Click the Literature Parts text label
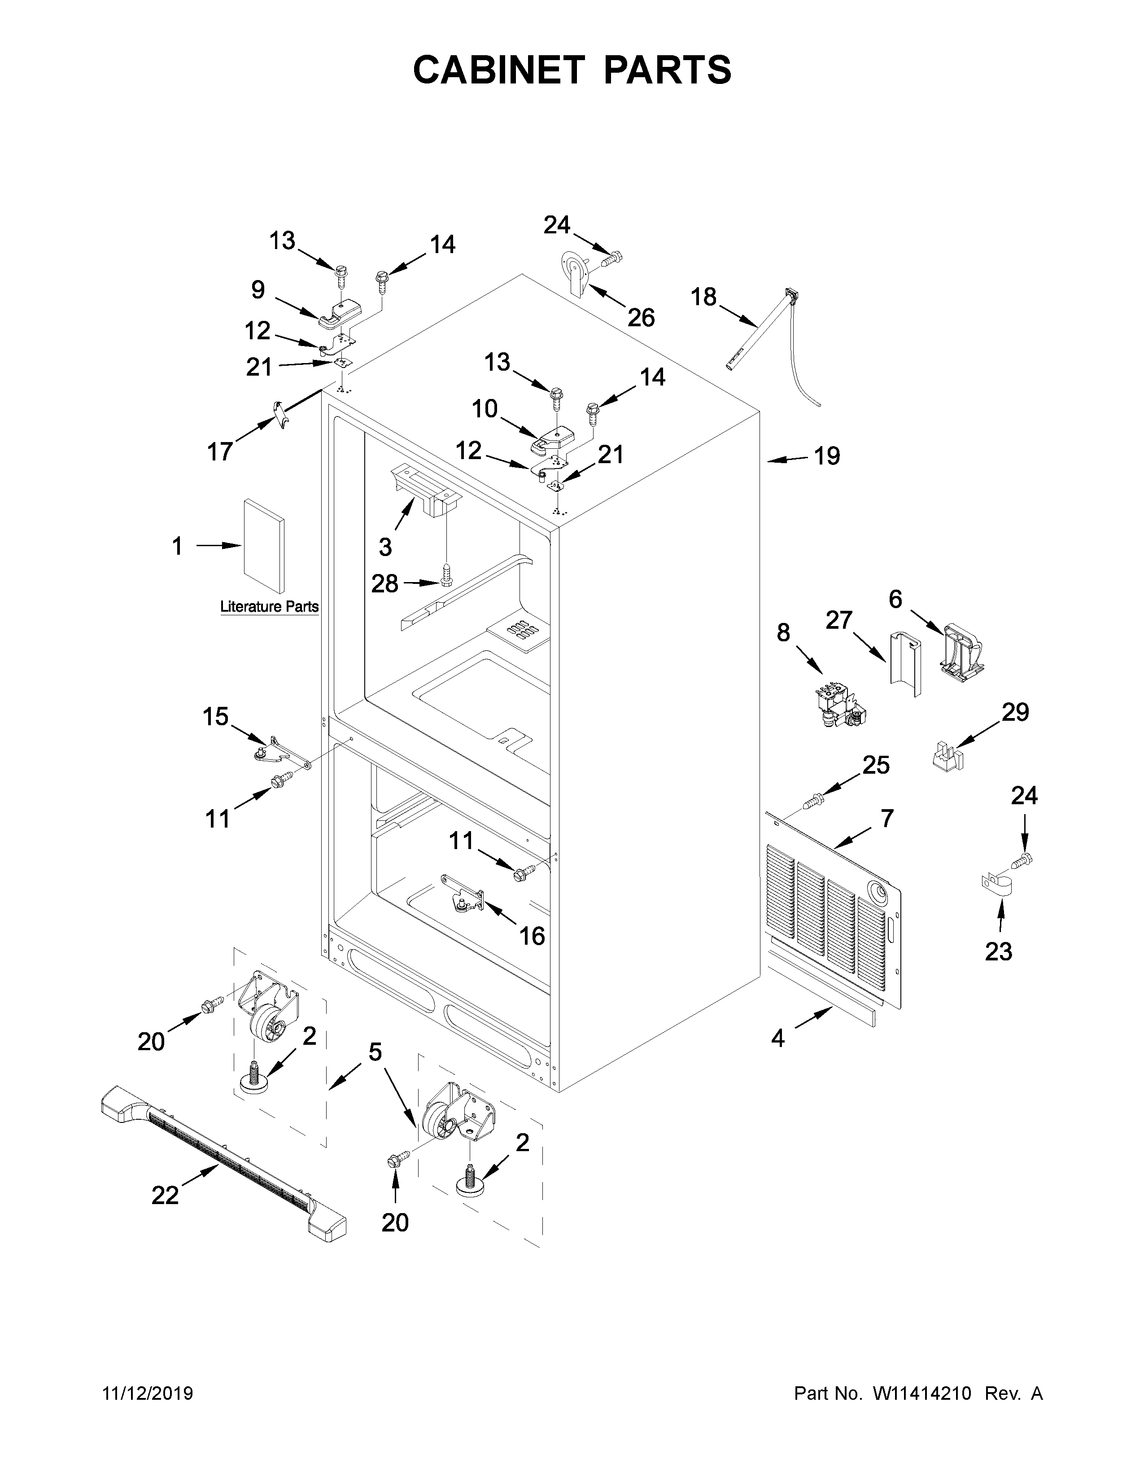click(269, 606)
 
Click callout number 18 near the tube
click(703, 297)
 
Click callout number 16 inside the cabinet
click(531, 935)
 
